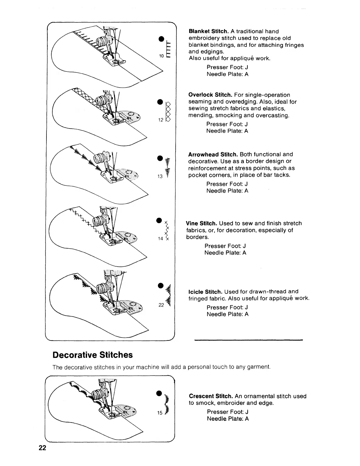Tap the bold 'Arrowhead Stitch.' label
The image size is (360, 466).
[x=213, y=155]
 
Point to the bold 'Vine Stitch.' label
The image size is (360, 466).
[x=202, y=223]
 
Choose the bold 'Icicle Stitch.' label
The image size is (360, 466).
[x=205, y=292]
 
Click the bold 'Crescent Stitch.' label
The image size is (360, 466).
[x=211, y=396]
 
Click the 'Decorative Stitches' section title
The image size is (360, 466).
[x=93, y=355]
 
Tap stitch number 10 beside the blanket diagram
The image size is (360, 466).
[x=161, y=56]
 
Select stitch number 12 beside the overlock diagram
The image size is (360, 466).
[x=161, y=120]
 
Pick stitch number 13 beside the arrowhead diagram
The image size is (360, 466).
[x=160, y=177]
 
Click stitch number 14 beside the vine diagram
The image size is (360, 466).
[x=160, y=239]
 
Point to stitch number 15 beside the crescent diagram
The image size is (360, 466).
[x=160, y=413]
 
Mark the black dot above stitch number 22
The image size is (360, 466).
[x=161, y=285]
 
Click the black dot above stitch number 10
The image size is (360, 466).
[x=161, y=39]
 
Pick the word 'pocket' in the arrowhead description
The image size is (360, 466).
[x=196, y=175]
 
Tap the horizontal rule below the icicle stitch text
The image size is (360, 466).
[x=249, y=340]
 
